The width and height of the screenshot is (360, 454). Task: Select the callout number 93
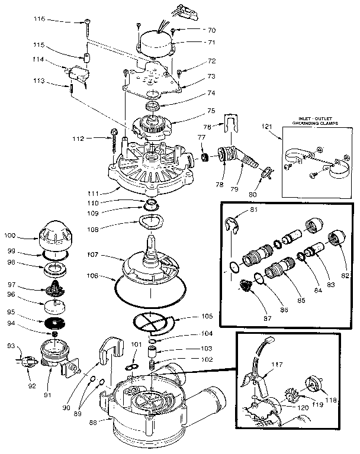coord(10,346)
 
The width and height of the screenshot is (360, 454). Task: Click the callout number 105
coord(207,316)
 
